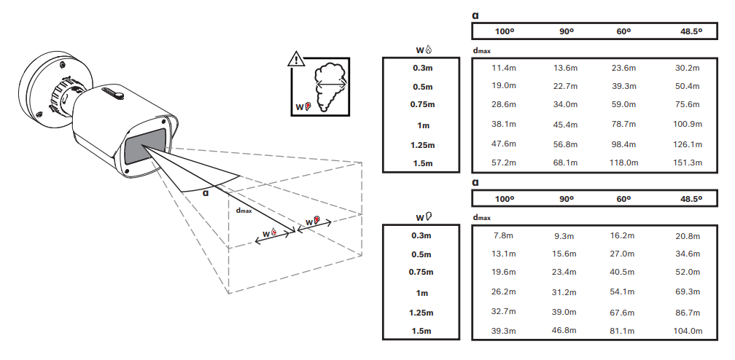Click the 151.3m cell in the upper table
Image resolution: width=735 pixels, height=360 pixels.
click(x=688, y=163)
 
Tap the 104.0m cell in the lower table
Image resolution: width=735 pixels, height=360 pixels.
click(x=688, y=331)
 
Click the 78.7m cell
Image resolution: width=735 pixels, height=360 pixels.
click(x=623, y=124)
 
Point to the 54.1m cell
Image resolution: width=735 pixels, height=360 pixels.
click(x=623, y=292)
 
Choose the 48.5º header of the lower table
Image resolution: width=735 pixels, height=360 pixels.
click(x=691, y=199)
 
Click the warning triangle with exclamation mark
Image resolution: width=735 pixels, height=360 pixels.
click(x=296, y=60)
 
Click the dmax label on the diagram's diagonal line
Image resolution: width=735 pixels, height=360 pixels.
click(x=244, y=211)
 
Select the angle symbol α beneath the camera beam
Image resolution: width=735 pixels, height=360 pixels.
click(x=206, y=193)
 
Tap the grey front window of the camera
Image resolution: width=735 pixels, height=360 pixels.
click(x=144, y=148)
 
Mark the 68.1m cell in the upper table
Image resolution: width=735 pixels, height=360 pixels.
click(x=564, y=163)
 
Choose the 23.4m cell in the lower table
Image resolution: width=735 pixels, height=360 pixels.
click(x=564, y=273)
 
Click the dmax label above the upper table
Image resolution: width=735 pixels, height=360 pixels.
click(x=482, y=52)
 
